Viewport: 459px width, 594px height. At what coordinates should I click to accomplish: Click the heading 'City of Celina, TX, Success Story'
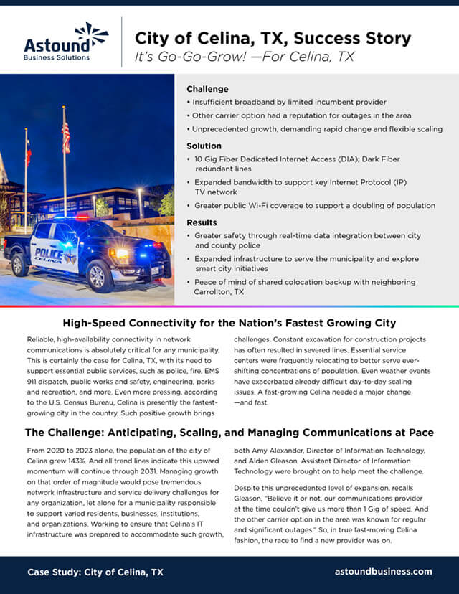coord(273,37)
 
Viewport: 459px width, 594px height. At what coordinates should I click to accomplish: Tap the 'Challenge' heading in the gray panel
coord(207,90)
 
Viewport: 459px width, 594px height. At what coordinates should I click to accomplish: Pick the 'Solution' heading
coord(204,146)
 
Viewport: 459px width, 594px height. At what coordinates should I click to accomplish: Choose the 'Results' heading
coord(202,222)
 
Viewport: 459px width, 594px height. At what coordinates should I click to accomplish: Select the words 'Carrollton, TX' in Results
coord(219,292)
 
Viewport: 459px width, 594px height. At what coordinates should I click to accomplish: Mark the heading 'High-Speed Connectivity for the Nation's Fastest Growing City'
coord(229,323)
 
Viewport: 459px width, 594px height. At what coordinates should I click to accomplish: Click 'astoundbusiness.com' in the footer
coord(384,572)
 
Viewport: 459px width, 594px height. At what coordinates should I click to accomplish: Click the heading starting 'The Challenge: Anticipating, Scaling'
coord(229,433)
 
